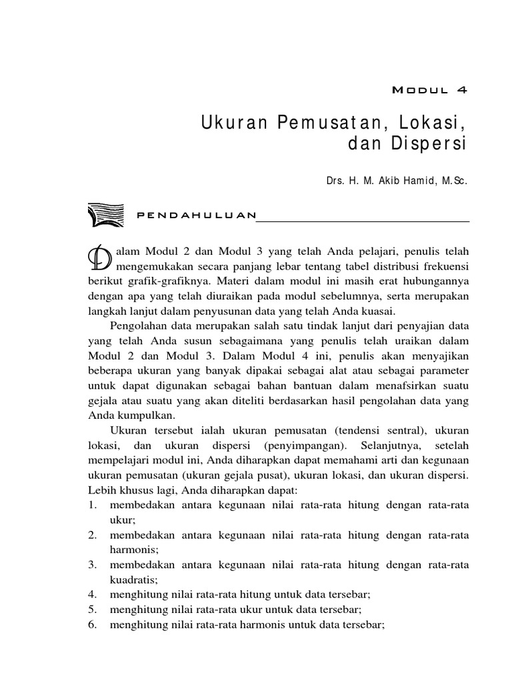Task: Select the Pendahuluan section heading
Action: click(x=196, y=215)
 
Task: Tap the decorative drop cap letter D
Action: click(x=99, y=257)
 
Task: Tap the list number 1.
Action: click(x=92, y=505)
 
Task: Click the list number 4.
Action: click(x=92, y=594)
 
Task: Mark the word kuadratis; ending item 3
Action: click(x=134, y=580)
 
